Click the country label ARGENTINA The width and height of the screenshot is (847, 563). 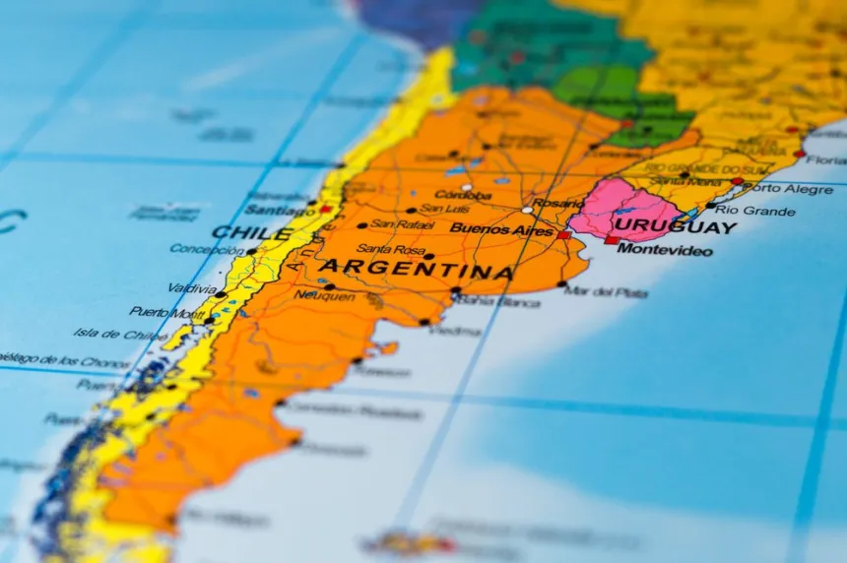click(x=416, y=269)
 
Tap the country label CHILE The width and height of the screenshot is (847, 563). click(x=251, y=233)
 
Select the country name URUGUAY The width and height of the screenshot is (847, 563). click(x=675, y=227)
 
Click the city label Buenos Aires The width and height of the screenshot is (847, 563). click(x=501, y=229)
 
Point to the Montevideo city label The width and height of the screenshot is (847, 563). click(x=665, y=250)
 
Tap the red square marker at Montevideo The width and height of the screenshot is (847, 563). click(x=612, y=239)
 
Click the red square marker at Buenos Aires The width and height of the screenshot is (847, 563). click(x=563, y=235)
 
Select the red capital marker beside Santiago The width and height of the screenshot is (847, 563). click(x=324, y=209)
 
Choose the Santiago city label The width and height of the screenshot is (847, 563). click(x=280, y=210)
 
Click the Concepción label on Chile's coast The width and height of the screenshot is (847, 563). click(x=207, y=250)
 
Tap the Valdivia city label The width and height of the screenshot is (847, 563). click(x=192, y=288)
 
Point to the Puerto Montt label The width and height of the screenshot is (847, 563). click(x=166, y=312)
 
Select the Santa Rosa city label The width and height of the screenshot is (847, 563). click(x=390, y=249)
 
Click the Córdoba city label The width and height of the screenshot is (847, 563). click(x=463, y=195)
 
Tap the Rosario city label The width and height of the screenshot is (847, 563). click(x=556, y=203)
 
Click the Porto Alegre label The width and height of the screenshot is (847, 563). click(x=794, y=188)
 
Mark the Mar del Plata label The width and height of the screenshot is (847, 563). click(x=606, y=292)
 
